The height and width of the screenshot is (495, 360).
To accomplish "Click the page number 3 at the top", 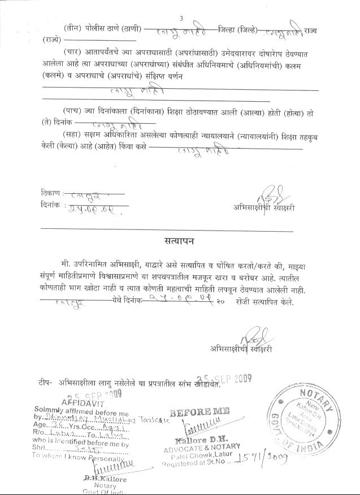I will (181, 19).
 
